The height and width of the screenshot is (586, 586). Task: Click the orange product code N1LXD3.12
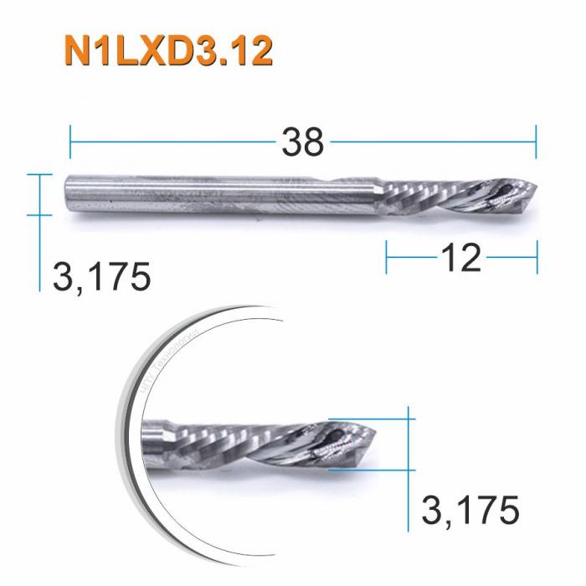167,53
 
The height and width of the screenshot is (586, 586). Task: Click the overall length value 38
302,142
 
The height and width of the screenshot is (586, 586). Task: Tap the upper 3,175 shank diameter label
101,277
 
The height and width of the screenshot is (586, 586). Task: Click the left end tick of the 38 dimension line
70,142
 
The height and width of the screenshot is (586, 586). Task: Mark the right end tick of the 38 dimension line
535,142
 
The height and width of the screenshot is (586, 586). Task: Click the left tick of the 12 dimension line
387,258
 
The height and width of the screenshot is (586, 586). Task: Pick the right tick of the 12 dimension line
537,258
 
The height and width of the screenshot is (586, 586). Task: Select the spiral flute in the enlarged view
243,444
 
